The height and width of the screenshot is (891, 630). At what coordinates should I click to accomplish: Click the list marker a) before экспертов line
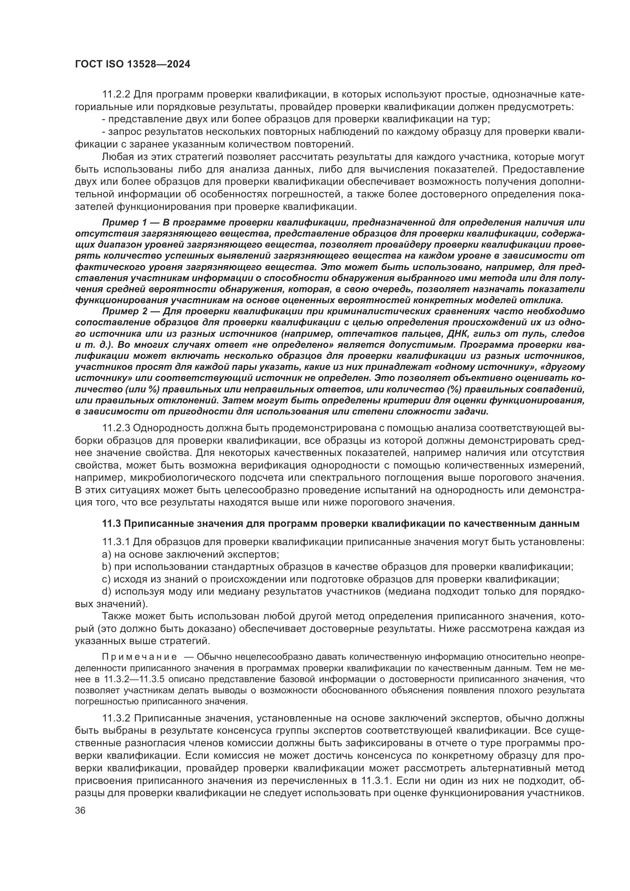pyautogui.click(x=106, y=554)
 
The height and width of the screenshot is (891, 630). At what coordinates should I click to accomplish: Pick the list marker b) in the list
pyautogui.click(x=106, y=566)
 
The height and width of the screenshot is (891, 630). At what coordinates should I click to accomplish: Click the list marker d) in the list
pyautogui.click(x=106, y=592)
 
